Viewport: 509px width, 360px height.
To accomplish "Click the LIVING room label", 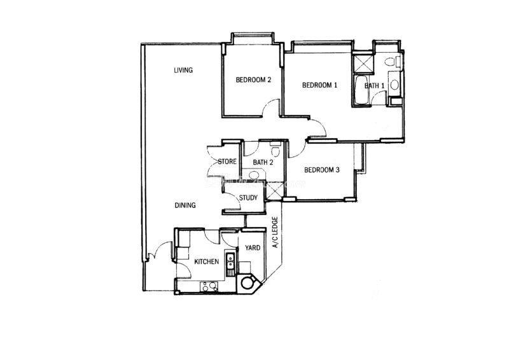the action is click(x=183, y=70).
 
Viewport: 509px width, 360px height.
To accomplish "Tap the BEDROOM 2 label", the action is click(x=253, y=80).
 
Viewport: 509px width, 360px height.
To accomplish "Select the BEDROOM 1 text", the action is click(x=320, y=85).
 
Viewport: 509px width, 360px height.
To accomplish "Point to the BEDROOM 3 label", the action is click(x=322, y=170).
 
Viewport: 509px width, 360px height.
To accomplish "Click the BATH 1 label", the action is click(x=375, y=86).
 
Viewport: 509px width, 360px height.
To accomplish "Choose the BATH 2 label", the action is click(x=263, y=162).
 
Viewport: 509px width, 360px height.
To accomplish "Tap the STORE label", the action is click(x=227, y=162).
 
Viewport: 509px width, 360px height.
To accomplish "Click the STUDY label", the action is click(x=248, y=197).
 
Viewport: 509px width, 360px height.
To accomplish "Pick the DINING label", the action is click(x=185, y=205).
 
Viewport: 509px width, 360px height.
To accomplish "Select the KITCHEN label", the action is click(x=206, y=261).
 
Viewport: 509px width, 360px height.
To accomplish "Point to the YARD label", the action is click(x=253, y=247).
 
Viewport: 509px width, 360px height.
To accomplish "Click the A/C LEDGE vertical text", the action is click(x=275, y=232).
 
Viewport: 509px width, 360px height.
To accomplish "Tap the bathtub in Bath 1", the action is click(x=361, y=90).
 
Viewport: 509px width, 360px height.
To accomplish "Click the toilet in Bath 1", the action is click(x=391, y=61).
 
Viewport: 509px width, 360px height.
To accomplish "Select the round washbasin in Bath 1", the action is click(x=394, y=85).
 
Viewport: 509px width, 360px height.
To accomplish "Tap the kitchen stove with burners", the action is click(x=209, y=286).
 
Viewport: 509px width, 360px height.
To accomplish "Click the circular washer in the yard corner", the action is click(x=248, y=283).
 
